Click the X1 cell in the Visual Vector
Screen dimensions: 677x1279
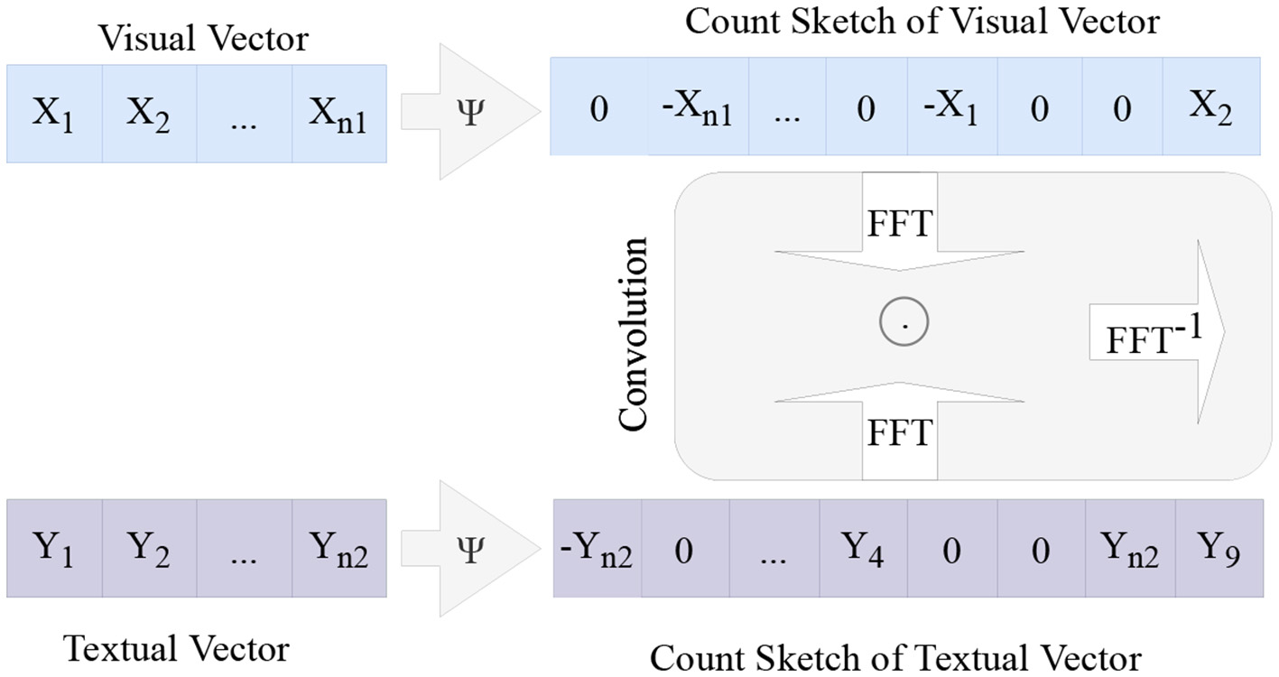(54, 114)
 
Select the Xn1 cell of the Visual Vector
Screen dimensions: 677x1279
(338, 114)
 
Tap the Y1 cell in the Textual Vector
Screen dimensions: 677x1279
(54, 548)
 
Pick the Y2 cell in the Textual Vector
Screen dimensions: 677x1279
(149, 548)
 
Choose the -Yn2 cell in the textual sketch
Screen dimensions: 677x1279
(598, 548)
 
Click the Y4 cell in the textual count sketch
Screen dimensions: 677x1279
(864, 548)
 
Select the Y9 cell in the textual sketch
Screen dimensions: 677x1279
(1219, 548)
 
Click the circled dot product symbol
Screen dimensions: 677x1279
(903, 321)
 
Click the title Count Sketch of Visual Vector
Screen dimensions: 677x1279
(922, 22)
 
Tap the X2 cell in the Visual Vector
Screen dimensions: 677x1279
(149, 114)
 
